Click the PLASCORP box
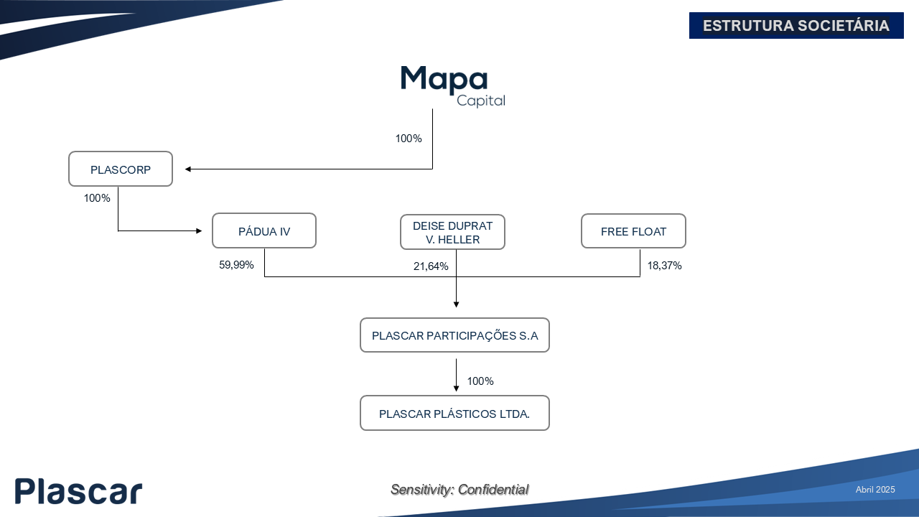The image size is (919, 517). (x=121, y=169)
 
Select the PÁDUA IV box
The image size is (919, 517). (x=264, y=230)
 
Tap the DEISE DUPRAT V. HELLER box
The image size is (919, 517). (x=452, y=232)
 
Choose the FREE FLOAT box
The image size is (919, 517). (x=633, y=231)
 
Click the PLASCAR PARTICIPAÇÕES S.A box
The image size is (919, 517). (x=454, y=335)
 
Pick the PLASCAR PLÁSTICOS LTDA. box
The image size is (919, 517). (x=454, y=413)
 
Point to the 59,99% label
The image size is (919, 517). (x=236, y=265)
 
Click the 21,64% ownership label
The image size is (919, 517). (x=431, y=266)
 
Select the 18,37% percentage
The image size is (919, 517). (x=665, y=266)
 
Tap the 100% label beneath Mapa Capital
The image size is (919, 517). (x=409, y=139)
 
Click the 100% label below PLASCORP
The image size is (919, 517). (x=97, y=198)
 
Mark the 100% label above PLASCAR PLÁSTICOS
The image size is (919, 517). (x=480, y=381)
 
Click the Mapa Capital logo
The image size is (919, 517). (x=452, y=86)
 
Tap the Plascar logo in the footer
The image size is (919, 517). (x=78, y=491)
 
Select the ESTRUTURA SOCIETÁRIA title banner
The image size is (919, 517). (x=796, y=25)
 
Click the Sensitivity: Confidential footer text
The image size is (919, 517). (x=459, y=490)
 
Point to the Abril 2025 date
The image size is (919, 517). (x=875, y=490)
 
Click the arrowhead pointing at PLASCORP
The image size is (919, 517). (x=188, y=169)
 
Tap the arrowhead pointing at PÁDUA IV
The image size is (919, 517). (x=199, y=231)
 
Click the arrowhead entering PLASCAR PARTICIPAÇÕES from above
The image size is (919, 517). (x=456, y=304)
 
